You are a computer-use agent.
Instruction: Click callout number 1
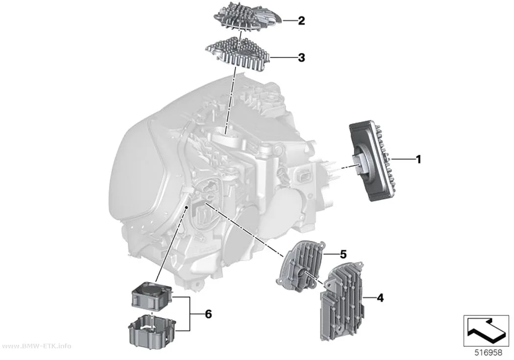[418, 160]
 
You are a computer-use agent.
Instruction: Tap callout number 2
[301, 21]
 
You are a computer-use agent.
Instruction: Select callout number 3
[301, 58]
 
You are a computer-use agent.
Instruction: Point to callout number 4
[380, 298]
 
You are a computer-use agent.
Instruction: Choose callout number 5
[343, 254]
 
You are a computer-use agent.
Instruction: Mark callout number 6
[208, 314]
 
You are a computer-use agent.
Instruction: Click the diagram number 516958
[489, 353]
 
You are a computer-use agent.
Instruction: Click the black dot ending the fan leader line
[186, 208]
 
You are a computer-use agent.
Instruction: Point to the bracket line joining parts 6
[190, 314]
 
